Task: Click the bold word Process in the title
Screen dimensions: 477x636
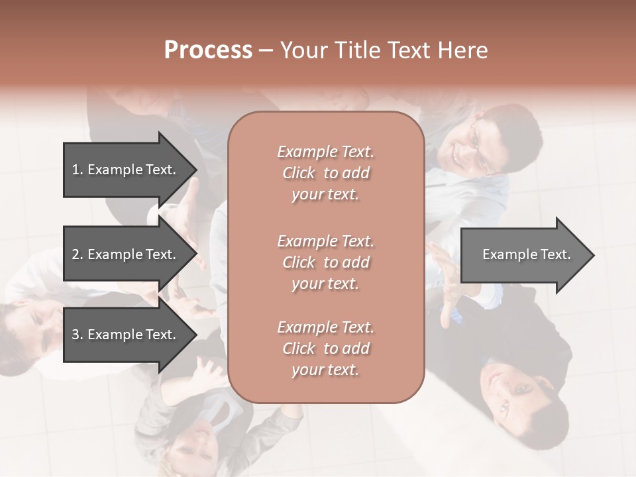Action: [208, 50]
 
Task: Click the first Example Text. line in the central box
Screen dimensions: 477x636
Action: [325, 152]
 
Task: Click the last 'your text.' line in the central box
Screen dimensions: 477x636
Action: [325, 370]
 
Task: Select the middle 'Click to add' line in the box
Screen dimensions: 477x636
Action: [325, 262]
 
